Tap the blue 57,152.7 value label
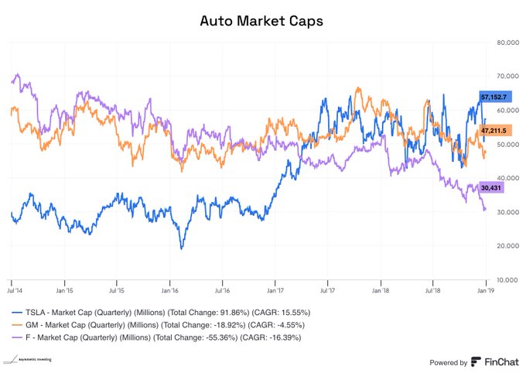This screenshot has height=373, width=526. pyautogui.click(x=494, y=98)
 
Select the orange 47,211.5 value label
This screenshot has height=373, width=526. pyautogui.click(x=494, y=132)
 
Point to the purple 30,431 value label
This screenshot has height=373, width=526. pyautogui.click(x=492, y=187)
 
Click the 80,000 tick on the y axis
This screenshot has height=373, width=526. pyautogui.click(x=507, y=42)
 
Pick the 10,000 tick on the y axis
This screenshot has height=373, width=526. pyautogui.click(x=507, y=279)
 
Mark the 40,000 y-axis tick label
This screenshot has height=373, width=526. pyautogui.click(x=507, y=178)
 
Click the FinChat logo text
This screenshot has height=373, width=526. pyautogui.click(x=495, y=361)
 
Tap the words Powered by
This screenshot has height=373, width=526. pyautogui.click(x=448, y=362)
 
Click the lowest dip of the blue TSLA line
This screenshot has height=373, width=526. pyautogui.click(x=182, y=248)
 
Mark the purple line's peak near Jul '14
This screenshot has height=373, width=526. pyautogui.click(x=18, y=74)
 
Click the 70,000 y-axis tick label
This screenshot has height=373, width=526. pyautogui.click(x=507, y=76)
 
